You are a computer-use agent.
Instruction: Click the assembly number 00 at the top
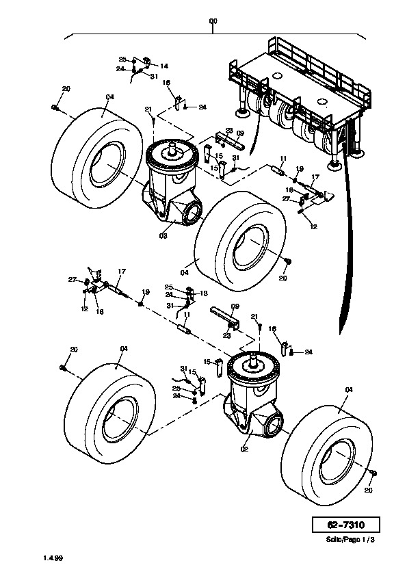(213, 21)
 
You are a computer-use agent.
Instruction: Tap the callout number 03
(163, 235)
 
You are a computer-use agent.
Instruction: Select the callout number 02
(245, 449)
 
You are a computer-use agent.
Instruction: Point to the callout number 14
(164, 66)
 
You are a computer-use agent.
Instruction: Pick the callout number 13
(203, 293)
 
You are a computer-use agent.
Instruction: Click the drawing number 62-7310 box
(345, 525)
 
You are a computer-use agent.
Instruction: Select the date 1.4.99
(53, 558)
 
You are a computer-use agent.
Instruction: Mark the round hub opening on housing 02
(275, 423)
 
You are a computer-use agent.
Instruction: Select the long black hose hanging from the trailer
(347, 239)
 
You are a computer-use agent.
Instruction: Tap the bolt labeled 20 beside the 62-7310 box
(373, 473)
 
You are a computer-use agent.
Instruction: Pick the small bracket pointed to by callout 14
(146, 61)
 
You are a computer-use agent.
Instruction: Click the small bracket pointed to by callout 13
(189, 293)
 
